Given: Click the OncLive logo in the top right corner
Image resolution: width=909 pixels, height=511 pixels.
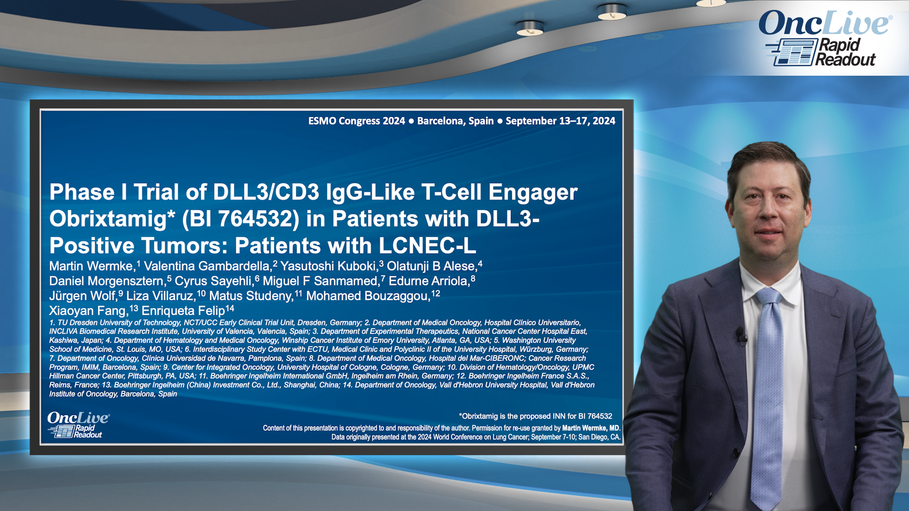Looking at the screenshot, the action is click(826, 38).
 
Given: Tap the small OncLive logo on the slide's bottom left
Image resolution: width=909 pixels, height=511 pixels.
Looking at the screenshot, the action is click(78, 424).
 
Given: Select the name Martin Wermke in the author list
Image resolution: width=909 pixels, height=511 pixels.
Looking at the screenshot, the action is click(91, 266).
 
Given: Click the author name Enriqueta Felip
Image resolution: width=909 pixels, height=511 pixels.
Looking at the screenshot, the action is click(183, 311).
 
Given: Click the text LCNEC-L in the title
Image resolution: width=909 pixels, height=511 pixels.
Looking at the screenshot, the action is click(428, 246).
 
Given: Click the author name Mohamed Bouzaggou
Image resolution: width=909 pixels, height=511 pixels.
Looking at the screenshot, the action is click(367, 296).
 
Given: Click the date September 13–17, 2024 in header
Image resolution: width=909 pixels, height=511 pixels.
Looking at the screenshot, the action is click(561, 121).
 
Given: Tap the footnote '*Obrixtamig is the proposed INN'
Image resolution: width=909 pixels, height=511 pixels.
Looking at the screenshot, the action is click(535, 416).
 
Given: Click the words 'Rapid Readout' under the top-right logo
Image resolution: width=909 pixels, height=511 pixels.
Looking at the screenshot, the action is click(846, 52).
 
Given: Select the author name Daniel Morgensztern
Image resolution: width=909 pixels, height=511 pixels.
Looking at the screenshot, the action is click(107, 281).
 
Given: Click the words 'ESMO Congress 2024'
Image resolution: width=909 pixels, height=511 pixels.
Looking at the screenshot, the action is click(356, 121).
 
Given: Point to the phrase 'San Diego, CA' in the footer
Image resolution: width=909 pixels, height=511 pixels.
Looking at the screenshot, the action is click(599, 437).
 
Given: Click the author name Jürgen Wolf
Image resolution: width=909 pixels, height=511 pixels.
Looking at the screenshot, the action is click(83, 296).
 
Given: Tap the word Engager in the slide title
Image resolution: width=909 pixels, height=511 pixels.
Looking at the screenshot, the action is click(533, 193).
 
